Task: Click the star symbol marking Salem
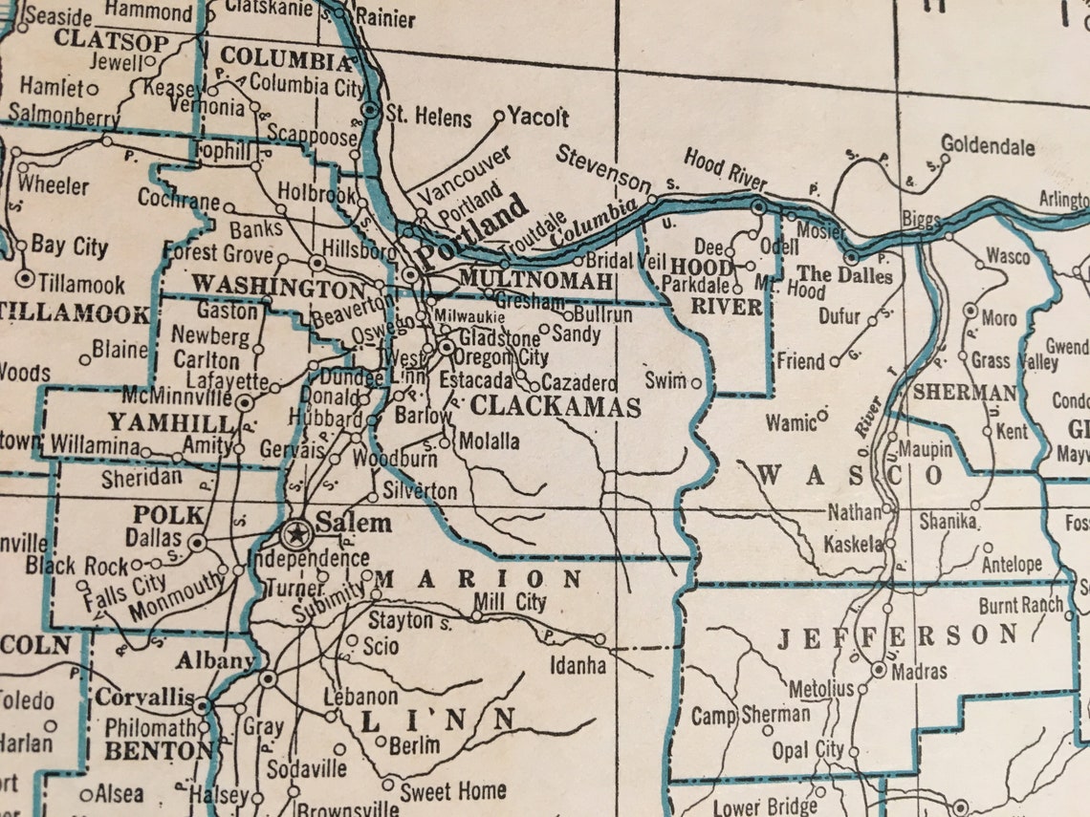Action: pyautogui.click(x=296, y=532)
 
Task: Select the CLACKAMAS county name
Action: pyautogui.click(x=556, y=407)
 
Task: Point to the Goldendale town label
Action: pyautogui.click(x=988, y=146)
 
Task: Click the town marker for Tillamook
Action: pyautogui.click(x=25, y=279)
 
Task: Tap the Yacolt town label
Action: pyautogui.click(x=538, y=118)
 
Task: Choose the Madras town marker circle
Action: pyautogui.click(x=879, y=670)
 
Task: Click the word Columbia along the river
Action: pyautogui.click(x=593, y=222)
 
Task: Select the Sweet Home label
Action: pyautogui.click(x=453, y=791)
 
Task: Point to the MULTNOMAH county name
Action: pyautogui.click(x=534, y=279)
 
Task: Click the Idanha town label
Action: pyautogui.click(x=577, y=664)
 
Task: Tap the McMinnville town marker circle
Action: pyautogui.click(x=245, y=402)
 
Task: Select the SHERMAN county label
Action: pyautogui.click(x=964, y=392)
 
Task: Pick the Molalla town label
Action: pyautogui.click(x=490, y=441)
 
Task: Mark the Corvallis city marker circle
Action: pyautogui.click(x=202, y=707)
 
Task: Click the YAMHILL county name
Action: pyautogui.click(x=170, y=422)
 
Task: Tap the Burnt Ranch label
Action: pyautogui.click(x=1020, y=605)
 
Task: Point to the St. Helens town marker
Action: pyautogui.click(x=370, y=111)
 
